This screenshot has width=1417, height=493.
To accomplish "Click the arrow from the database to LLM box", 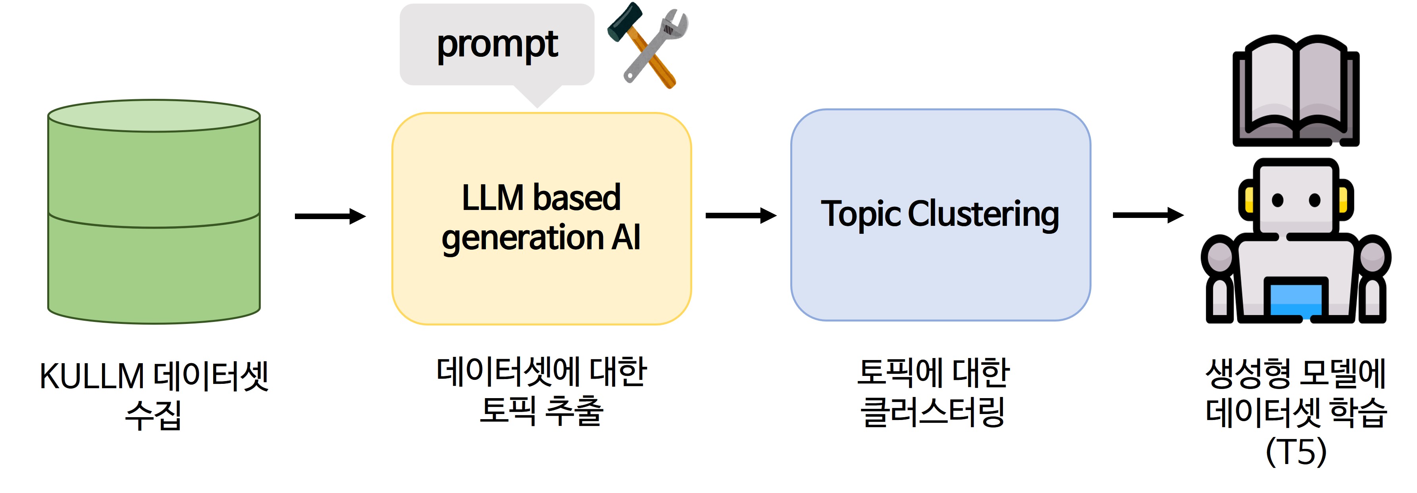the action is tap(330, 216).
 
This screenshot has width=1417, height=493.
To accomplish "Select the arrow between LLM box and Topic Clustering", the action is tap(741, 216).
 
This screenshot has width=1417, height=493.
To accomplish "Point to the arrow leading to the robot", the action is tap(1148, 215).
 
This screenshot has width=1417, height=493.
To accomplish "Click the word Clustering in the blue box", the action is tap(983, 215).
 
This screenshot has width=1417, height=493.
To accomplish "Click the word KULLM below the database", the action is tap(92, 377).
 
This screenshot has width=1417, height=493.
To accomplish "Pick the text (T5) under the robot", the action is tap(1296, 452).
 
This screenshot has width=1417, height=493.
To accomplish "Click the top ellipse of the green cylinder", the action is tap(154, 116).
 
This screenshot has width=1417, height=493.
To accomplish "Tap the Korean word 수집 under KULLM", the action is tap(154, 415).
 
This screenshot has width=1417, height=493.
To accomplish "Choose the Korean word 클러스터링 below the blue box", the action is tap(933, 412).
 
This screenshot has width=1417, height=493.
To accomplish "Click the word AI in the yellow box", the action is tap(626, 238).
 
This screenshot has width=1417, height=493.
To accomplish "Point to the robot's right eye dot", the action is tap(1315, 200).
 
